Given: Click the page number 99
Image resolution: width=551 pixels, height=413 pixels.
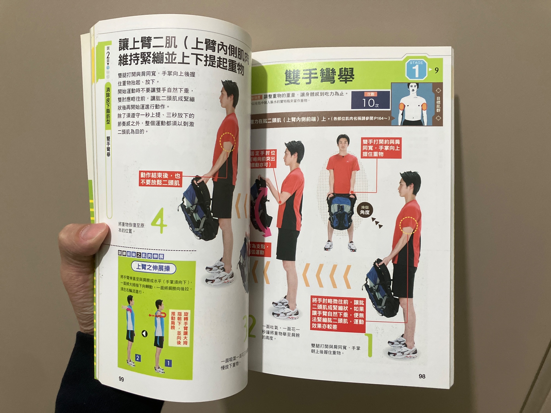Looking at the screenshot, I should click(121, 379).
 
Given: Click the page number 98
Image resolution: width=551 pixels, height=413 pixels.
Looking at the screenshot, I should click(422, 376).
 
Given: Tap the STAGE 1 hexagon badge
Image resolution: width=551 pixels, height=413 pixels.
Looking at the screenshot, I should click(416, 69).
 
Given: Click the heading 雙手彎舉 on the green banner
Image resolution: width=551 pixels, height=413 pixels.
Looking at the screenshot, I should click(319, 75).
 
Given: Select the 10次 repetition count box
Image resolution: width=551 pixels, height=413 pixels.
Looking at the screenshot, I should click(370, 100).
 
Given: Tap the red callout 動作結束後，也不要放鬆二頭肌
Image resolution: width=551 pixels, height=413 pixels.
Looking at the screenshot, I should click(160, 179).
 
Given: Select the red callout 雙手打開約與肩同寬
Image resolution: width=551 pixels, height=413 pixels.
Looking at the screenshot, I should click(381, 148).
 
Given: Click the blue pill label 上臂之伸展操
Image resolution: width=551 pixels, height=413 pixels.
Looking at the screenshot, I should click(153, 268).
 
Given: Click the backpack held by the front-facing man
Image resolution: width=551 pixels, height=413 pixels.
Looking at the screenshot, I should click(341, 212).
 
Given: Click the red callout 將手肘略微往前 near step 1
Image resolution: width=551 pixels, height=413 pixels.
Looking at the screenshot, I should click(338, 314).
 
